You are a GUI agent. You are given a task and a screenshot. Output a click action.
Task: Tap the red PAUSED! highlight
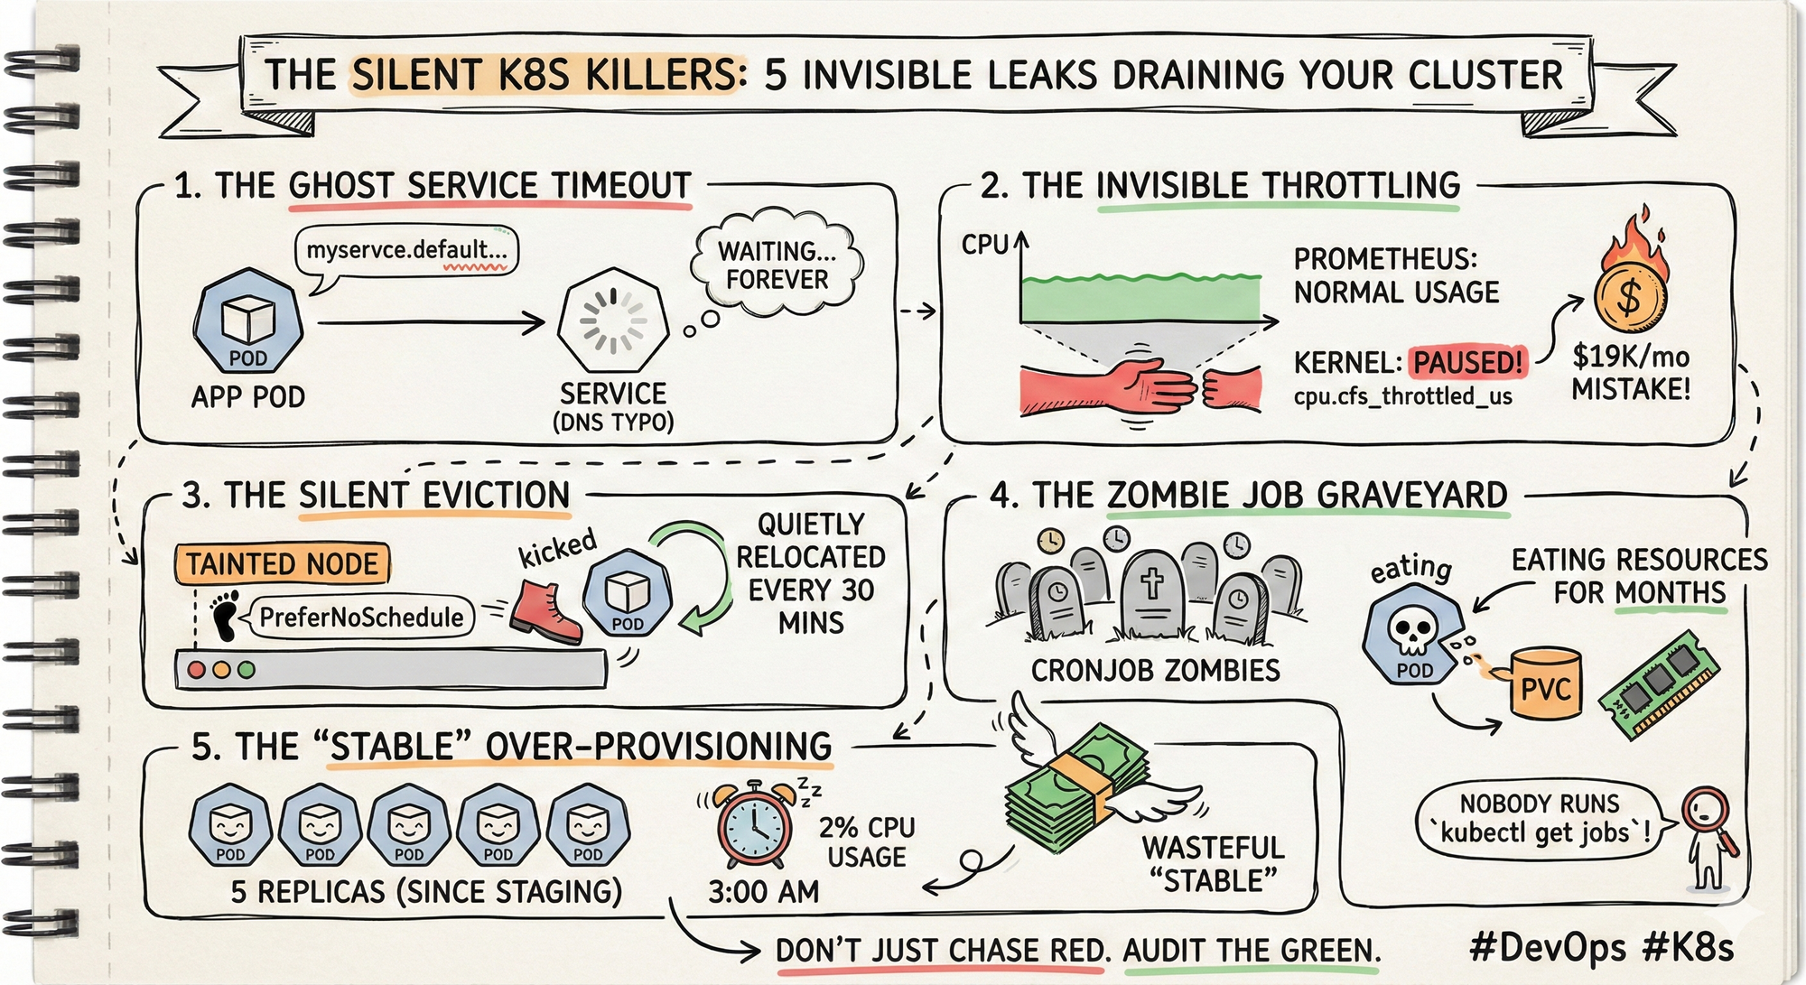tap(1468, 362)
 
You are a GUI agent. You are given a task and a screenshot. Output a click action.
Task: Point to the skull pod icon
tap(1410, 632)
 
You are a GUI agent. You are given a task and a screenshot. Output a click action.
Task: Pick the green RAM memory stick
tap(1658, 685)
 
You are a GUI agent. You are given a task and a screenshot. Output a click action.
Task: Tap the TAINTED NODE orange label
tap(282, 564)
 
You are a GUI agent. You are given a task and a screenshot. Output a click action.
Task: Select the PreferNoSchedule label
tap(361, 618)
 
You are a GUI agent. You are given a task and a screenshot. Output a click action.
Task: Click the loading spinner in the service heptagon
tap(613, 321)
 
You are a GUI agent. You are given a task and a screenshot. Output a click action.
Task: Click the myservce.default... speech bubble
tap(406, 250)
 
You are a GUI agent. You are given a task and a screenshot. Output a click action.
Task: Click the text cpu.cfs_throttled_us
tap(1402, 396)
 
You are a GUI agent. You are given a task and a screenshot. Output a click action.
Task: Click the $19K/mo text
tap(1631, 357)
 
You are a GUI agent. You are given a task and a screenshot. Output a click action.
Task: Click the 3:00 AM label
tap(763, 892)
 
